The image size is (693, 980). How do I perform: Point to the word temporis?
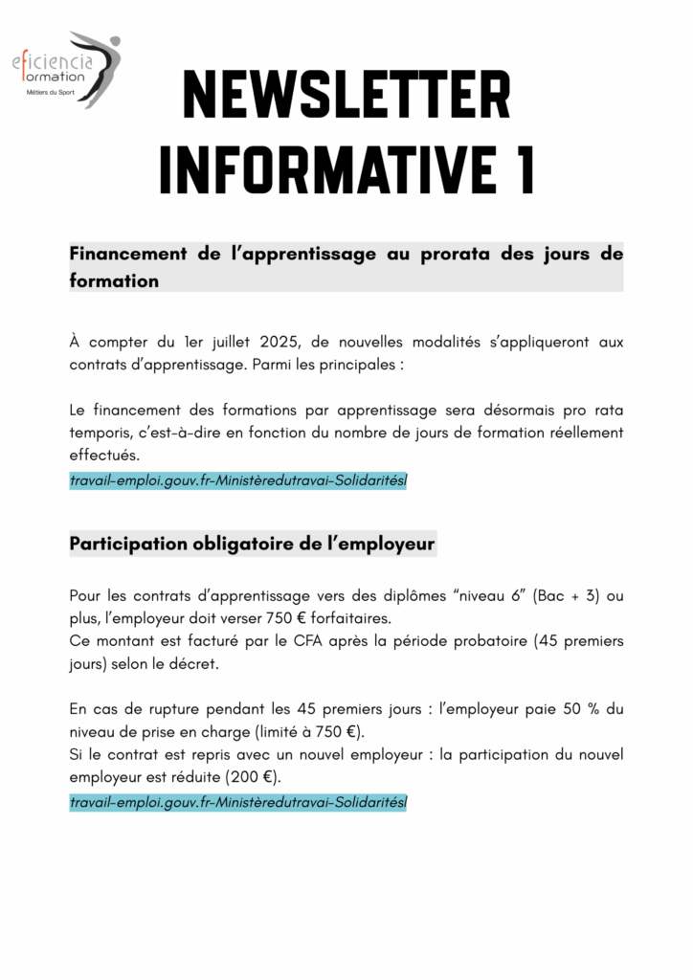103,433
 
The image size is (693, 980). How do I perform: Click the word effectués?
104,456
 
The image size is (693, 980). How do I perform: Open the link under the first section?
238,479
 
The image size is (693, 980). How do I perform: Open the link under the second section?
238,802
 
